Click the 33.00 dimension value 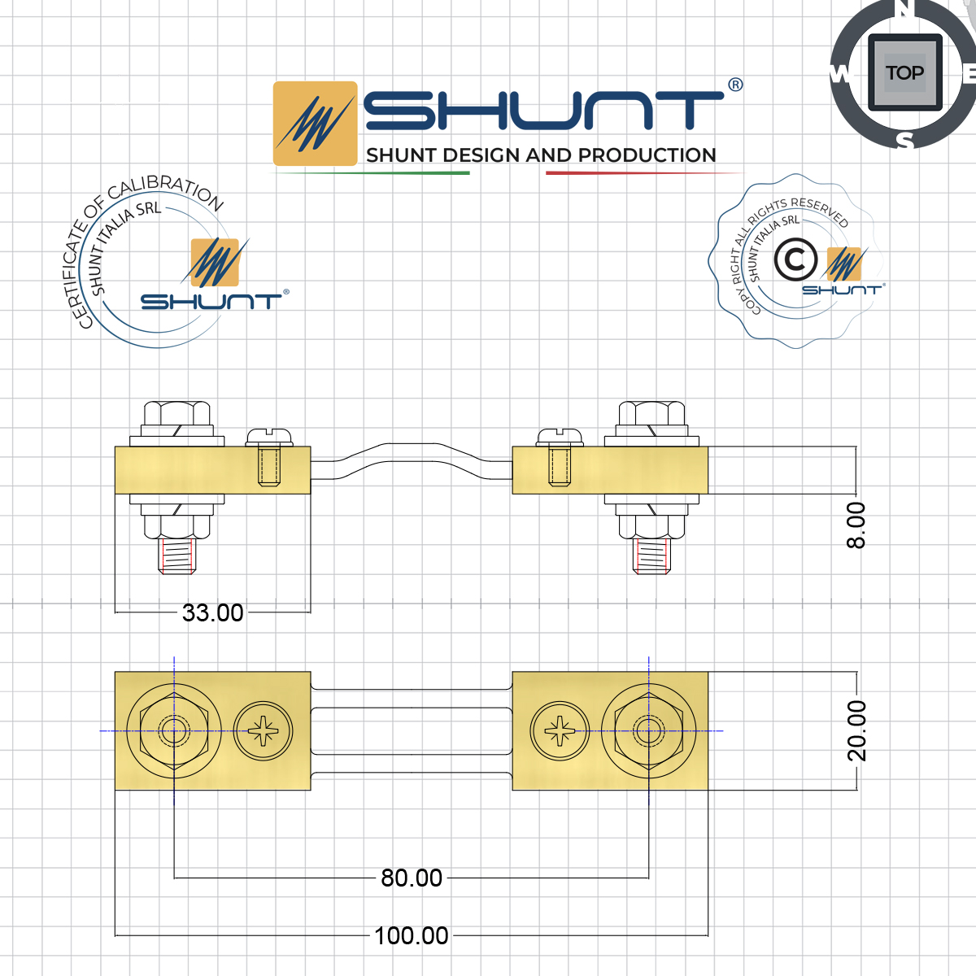(212, 612)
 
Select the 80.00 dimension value (412, 878)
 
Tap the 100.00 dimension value (412, 936)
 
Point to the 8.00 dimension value (856, 525)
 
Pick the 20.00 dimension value (856, 730)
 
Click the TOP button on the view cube (904, 73)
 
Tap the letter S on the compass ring (905, 141)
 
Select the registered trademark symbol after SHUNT (734, 85)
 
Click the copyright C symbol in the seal (795, 260)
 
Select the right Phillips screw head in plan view (560, 731)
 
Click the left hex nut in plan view (173, 731)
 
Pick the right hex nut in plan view (648, 731)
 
